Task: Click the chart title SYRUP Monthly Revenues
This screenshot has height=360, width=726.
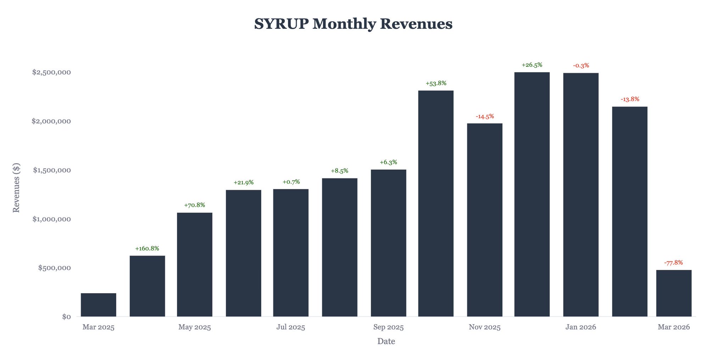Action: pos(353,24)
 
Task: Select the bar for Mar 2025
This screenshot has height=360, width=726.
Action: pos(99,305)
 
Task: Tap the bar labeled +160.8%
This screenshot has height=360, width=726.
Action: pos(147,286)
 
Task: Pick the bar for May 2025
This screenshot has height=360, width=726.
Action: pos(195,264)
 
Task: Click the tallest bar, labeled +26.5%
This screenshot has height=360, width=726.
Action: pos(532,194)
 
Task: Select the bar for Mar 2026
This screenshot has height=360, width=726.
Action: pos(674,293)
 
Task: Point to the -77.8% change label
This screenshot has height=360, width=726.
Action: pos(673,263)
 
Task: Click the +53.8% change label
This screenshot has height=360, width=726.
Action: pos(436,83)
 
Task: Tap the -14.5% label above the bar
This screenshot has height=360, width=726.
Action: pos(485,116)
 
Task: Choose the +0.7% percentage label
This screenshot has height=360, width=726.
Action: pos(291,182)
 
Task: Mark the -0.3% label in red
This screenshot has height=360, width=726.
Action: pos(581,66)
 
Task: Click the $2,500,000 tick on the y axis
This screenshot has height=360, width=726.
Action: pos(51,72)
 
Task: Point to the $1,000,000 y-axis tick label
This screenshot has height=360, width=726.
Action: pos(51,219)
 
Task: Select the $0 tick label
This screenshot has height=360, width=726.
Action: pos(66,317)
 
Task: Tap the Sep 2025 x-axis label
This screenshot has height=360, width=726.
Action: pos(388,327)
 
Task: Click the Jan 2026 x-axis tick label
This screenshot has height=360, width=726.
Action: pos(581,327)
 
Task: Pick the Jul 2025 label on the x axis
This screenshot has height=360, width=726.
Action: pos(291,327)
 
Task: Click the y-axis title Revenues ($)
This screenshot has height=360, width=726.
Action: pos(16,188)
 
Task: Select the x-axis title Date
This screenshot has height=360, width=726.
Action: pos(386,342)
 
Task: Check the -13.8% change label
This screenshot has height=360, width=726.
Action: pos(630,99)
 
